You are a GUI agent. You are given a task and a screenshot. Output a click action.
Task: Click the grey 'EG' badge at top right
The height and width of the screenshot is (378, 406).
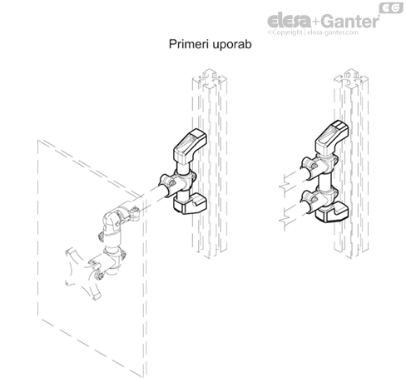[x=389, y=7]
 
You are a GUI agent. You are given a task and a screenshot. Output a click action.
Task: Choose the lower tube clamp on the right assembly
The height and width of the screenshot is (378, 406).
[x=314, y=201]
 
